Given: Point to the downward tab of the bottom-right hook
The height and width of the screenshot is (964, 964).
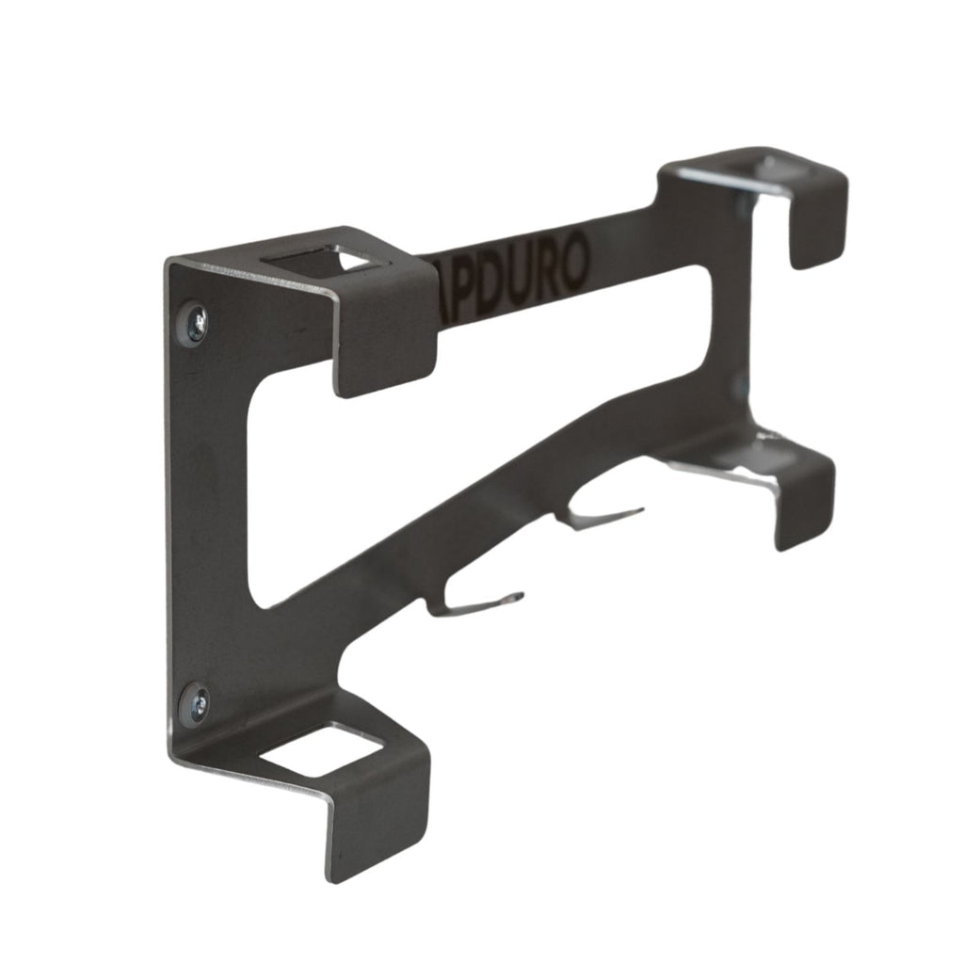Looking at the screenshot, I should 805,499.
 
